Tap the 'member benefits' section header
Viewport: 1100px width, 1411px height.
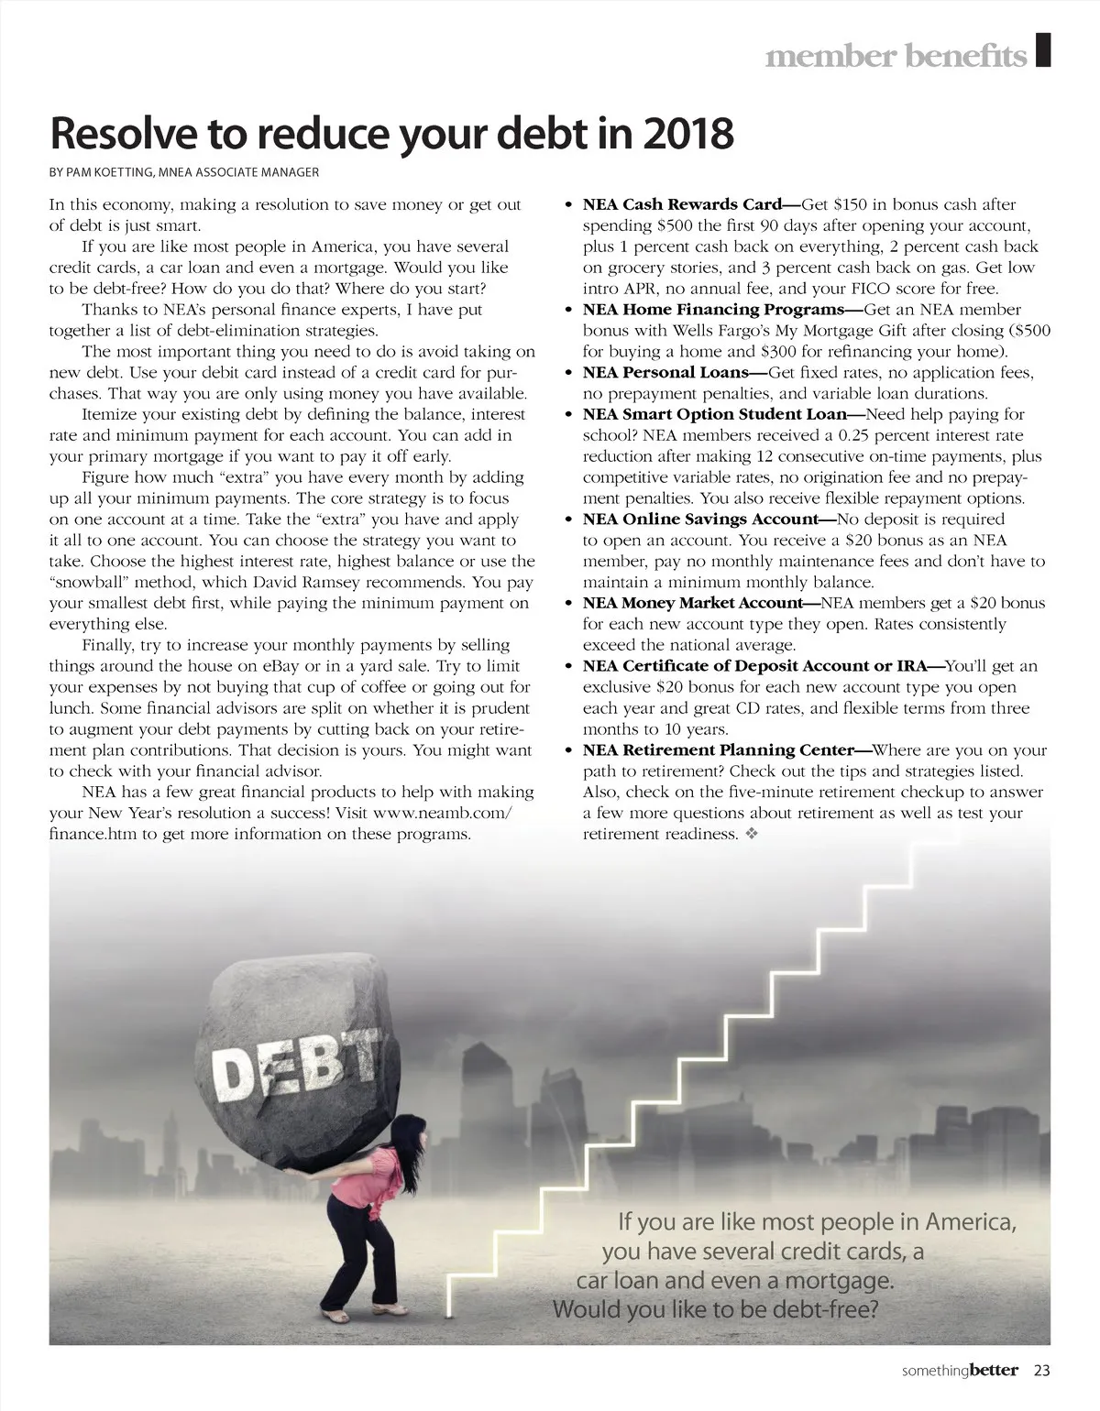pos(896,57)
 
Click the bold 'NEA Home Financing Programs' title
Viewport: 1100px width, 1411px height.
pos(712,310)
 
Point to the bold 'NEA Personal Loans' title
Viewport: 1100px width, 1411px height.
pos(665,373)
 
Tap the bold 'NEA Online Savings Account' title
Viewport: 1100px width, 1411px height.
pos(699,520)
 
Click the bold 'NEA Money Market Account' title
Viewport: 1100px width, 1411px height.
pos(692,603)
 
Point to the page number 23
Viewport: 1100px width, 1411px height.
pos(1041,1371)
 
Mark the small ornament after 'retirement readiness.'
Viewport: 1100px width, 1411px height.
pos(752,835)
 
